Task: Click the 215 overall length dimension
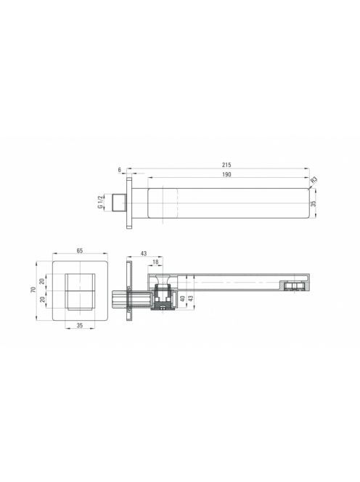click(226, 165)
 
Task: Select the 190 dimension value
click(226, 174)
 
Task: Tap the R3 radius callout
click(314, 180)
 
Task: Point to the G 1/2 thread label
click(100, 203)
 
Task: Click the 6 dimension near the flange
click(120, 170)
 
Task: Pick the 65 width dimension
click(80, 250)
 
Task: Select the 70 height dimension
click(33, 289)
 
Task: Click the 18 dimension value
click(155, 262)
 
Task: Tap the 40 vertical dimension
click(183, 298)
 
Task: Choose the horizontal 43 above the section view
click(144, 253)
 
